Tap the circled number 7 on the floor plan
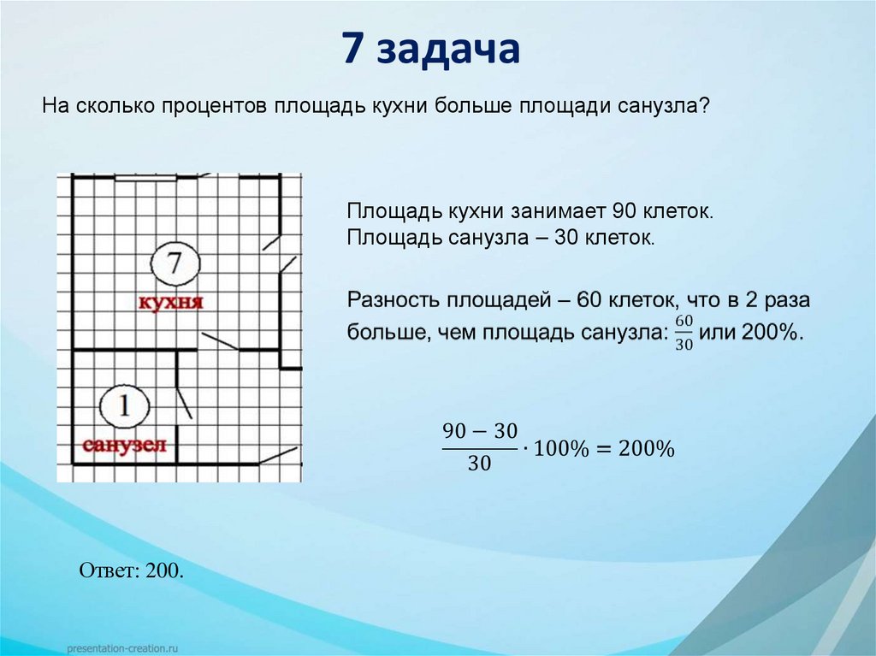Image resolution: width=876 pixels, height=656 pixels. pos(174,263)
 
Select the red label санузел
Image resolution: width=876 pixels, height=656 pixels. pos(124,446)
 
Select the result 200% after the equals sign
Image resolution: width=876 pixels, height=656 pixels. pos(648,448)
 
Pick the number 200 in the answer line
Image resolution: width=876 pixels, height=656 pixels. pos(164,570)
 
